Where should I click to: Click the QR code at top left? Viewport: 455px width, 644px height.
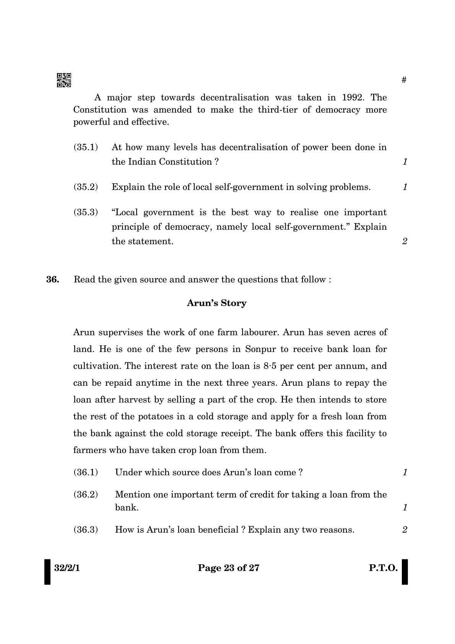[x=64, y=80]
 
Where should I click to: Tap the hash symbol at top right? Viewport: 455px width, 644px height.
[x=404, y=80]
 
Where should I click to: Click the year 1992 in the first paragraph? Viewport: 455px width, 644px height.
[x=354, y=97]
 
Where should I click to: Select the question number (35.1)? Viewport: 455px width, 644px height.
[x=86, y=147]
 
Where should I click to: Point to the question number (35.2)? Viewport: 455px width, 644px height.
[x=86, y=187]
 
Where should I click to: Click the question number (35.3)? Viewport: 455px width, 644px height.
[x=86, y=212]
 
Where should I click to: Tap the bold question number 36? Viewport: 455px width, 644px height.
[x=53, y=279]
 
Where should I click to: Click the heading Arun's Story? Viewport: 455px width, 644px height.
[x=216, y=303]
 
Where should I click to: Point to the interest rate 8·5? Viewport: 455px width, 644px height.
[x=272, y=366]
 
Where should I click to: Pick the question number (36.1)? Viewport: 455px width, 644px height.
[x=86, y=472]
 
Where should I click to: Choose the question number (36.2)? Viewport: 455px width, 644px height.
[x=86, y=494]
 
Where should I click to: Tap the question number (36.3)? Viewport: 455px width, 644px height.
[x=86, y=530]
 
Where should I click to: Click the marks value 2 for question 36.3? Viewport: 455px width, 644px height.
[x=405, y=530]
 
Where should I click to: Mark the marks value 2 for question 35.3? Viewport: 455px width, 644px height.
[x=405, y=241]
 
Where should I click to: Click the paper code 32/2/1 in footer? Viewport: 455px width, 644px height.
[x=67, y=568]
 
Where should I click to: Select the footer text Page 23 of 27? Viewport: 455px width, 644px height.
[x=228, y=568]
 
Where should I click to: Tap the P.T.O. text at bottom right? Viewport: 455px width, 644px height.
[x=383, y=568]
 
